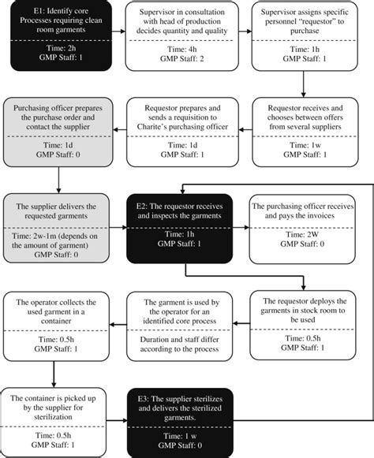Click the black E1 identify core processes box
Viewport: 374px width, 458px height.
61,36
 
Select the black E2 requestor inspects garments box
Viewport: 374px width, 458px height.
180,229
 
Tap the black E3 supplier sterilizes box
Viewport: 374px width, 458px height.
180,423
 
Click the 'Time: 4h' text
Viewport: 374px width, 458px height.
182,49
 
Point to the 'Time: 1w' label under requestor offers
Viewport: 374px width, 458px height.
305,145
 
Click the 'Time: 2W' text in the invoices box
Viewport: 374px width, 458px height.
302,234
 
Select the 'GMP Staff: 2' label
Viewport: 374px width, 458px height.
182,58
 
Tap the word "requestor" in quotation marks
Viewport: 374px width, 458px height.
301,21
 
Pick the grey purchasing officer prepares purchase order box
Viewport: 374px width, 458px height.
58,132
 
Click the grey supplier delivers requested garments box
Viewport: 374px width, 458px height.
56,228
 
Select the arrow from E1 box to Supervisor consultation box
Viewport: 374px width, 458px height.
118,32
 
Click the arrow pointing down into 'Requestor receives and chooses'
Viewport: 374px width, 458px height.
303,84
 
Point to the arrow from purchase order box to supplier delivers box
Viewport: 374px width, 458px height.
58,180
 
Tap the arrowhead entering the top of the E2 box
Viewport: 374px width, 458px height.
182,191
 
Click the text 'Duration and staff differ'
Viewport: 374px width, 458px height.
180,340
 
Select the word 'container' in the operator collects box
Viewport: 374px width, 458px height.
56,321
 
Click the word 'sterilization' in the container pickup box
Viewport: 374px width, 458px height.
53,417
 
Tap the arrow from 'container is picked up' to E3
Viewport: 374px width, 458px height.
117,421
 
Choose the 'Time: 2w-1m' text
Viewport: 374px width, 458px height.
33,236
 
